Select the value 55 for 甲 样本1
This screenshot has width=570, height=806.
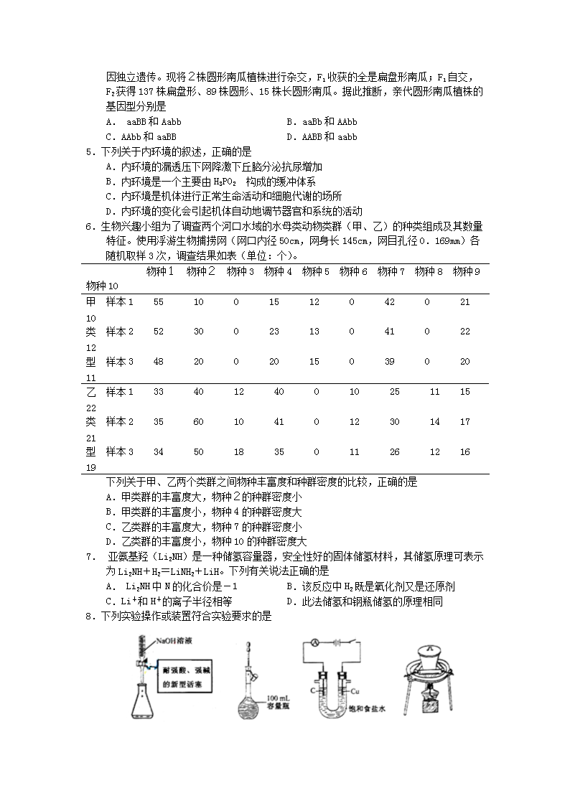tap(159, 302)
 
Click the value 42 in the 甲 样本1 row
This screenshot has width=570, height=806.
tap(390, 302)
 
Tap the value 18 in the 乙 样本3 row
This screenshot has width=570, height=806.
tap(239, 452)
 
